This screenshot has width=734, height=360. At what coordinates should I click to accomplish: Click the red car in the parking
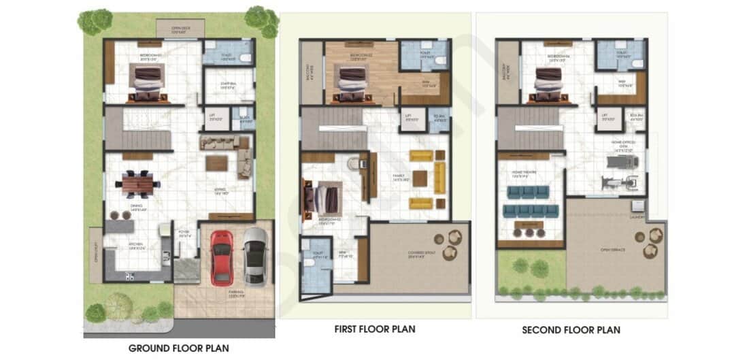pos(221,257)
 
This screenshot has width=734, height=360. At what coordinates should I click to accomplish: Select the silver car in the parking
pos(255,255)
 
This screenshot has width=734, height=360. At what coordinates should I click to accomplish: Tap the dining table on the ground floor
pos(138,182)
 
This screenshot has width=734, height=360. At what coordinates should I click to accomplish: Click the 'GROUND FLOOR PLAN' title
pos(178,348)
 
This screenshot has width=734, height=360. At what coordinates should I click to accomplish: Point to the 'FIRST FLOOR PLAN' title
pos(375,329)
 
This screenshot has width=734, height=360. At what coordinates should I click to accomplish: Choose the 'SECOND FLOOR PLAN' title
pos(571,330)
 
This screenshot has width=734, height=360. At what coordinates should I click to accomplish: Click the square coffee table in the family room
pos(420,178)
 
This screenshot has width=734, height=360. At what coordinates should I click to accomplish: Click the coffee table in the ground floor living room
pos(217,163)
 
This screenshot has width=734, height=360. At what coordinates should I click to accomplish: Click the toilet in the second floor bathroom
pos(636,63)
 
